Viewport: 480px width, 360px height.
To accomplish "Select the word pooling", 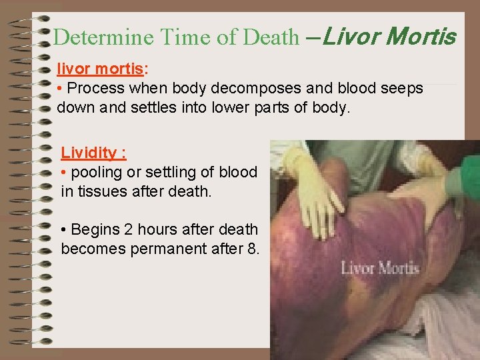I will (95, 172).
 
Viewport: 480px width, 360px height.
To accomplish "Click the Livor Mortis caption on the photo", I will (380, 269).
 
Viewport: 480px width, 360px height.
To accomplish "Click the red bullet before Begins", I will (63, 230).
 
